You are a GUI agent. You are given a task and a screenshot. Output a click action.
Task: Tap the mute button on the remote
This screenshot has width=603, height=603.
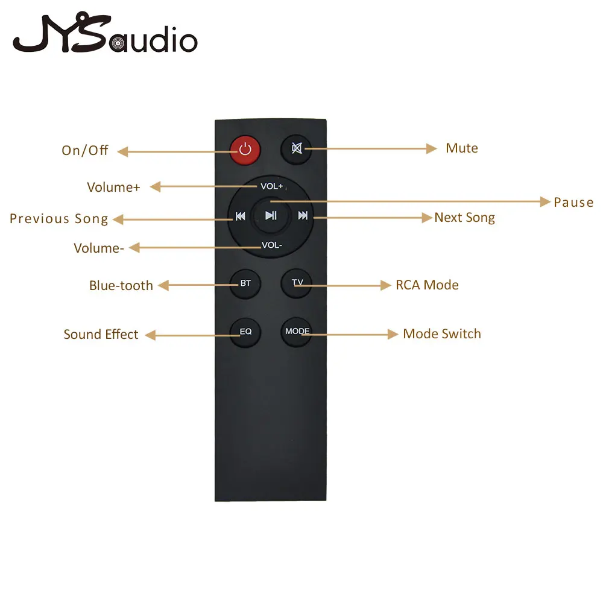(297, 149)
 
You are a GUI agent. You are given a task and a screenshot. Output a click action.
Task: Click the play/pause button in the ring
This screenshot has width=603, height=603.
(271, 215)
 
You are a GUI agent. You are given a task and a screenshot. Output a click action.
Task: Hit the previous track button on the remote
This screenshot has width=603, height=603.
(241, 216)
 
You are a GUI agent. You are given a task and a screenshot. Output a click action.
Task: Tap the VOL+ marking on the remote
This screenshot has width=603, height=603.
(271, 186)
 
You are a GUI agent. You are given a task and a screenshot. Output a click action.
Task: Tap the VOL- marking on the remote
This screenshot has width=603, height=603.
(272, 245)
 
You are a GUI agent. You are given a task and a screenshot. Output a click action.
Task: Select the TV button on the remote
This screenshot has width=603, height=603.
(297, 283)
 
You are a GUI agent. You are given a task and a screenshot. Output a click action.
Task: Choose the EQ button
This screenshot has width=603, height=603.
(245, 332)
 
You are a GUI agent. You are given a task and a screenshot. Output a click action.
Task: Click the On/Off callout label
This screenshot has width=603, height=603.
(84, 150)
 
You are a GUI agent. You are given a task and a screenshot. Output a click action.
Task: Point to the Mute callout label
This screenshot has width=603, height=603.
(462, 148)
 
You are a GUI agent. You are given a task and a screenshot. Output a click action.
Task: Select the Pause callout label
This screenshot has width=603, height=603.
(573, 203)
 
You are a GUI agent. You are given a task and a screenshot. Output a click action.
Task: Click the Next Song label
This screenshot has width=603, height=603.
(464, 218)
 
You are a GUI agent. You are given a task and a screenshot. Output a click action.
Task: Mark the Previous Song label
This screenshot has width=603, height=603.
(59, 219)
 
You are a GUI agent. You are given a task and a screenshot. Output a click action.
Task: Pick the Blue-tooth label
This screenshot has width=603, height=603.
(121, 285)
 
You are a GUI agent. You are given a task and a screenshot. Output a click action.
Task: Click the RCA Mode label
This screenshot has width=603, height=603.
(427, 285)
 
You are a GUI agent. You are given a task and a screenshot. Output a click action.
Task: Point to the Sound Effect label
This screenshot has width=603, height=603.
(101, 334)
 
